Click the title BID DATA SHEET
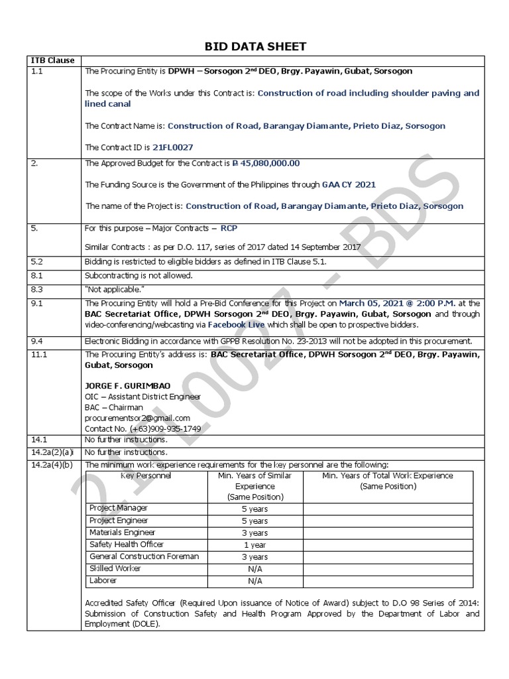pyautogui.click(x=254, y=46)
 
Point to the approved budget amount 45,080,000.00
pyautogui.click(x=268, y=163)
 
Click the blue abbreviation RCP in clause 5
pyautogui.click(x=230, y=227)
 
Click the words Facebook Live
pyautogui.click(x=236, y=325)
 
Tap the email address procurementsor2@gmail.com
pyautogui.click(x=137, y=418)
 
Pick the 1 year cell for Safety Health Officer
pyautogui.click(x=254, y=544)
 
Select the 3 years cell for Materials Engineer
pyautogui.click(x=254, y=532)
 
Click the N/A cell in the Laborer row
pyautogui.click(x=254, y=581)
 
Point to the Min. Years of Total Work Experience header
pyautogui.click(x=388, y=481)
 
